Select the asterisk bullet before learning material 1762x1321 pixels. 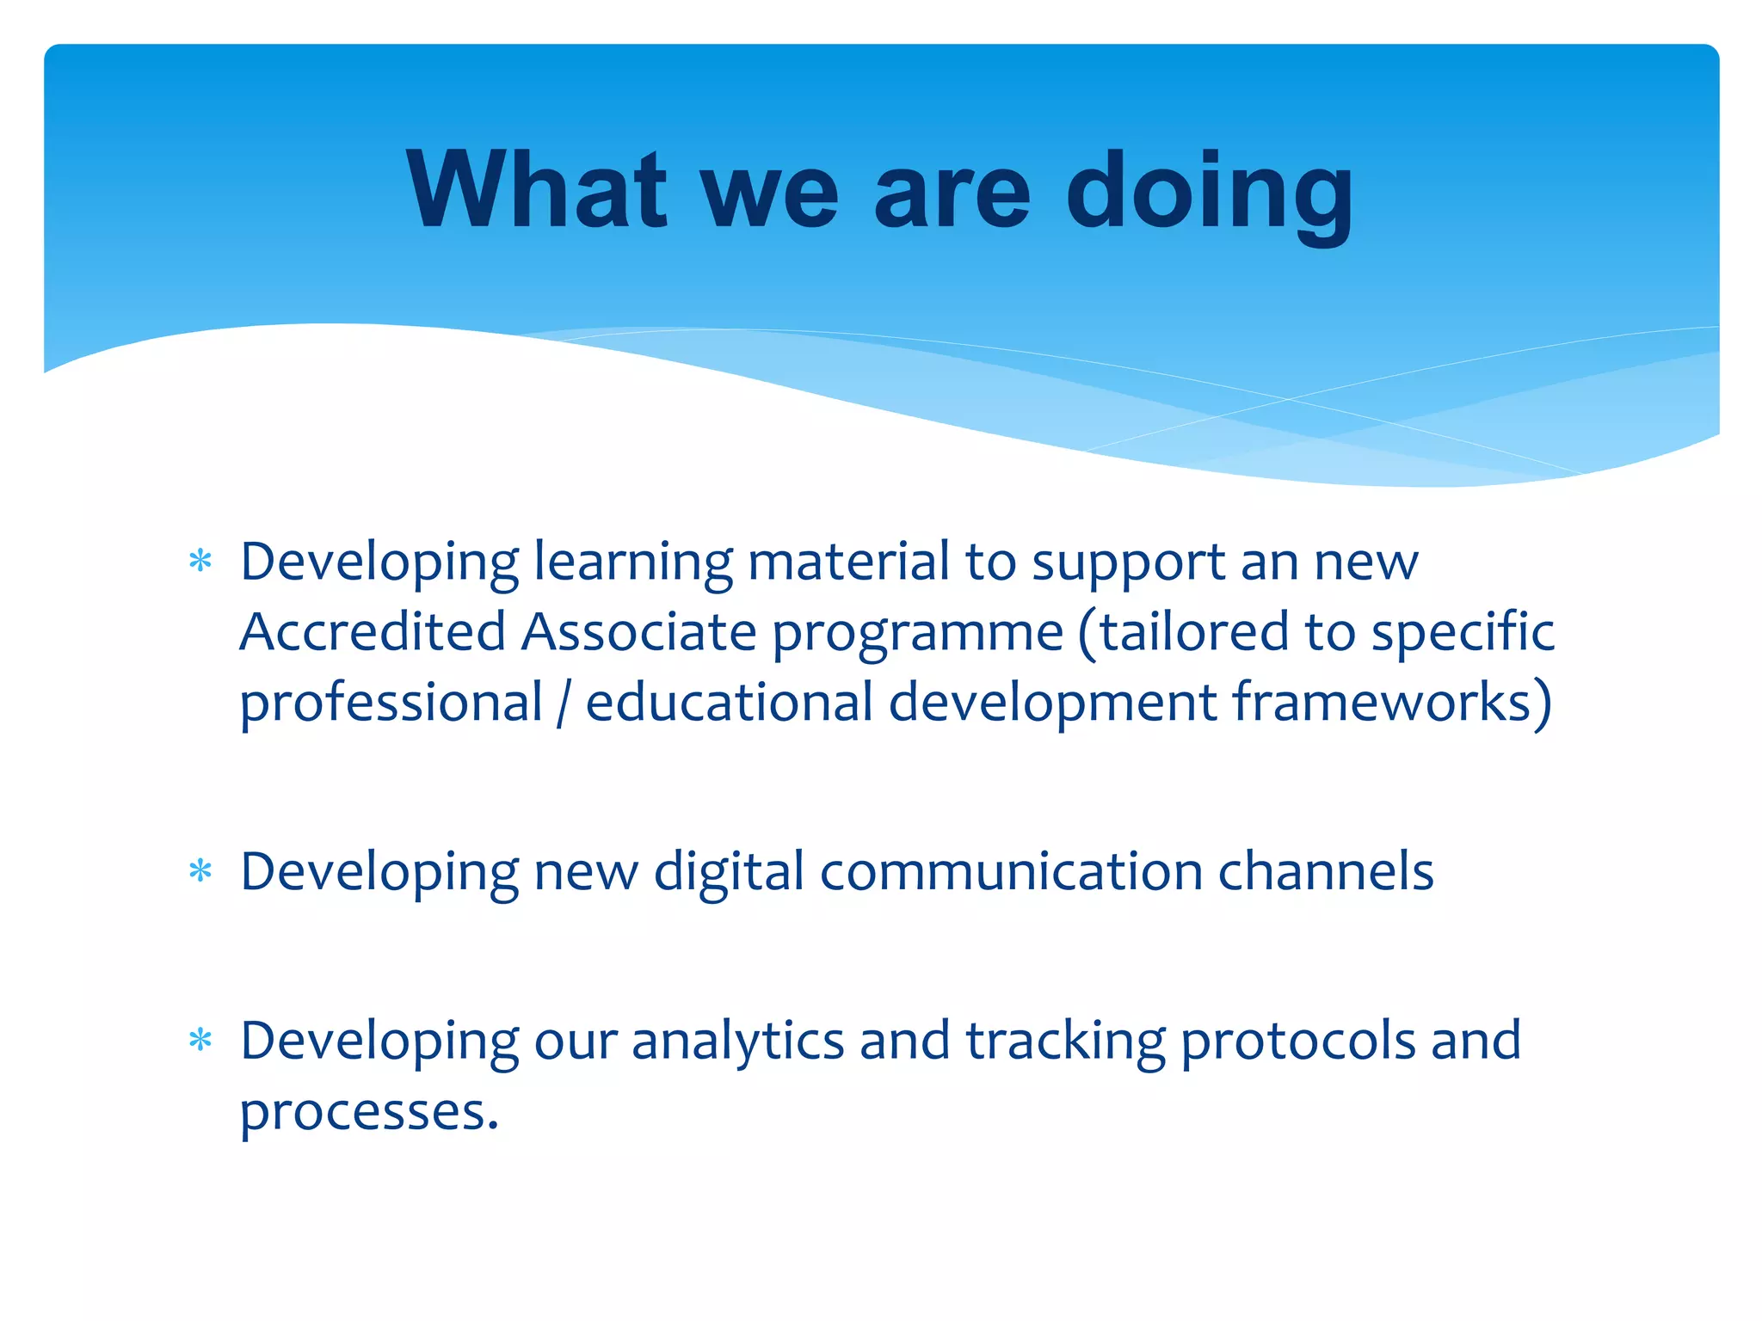(200, 562)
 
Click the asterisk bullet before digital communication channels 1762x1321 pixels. (200, 872)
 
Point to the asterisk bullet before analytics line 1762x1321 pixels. (200, 1041)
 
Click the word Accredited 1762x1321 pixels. (372, 632)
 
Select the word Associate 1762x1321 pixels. (638, 632)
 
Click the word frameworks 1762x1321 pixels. (1383, 702)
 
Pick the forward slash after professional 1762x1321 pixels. (564, 704)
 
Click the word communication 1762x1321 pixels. (1011, 872)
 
